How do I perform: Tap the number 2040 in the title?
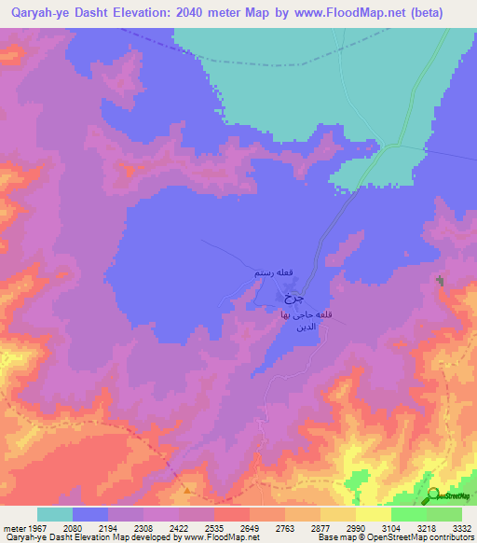214,13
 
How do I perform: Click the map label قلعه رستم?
275,273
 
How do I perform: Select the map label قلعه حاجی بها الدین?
301,323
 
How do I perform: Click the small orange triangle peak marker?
189,489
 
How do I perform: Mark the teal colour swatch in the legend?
54,514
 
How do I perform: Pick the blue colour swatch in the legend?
89,514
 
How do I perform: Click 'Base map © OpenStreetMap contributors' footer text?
395,538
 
